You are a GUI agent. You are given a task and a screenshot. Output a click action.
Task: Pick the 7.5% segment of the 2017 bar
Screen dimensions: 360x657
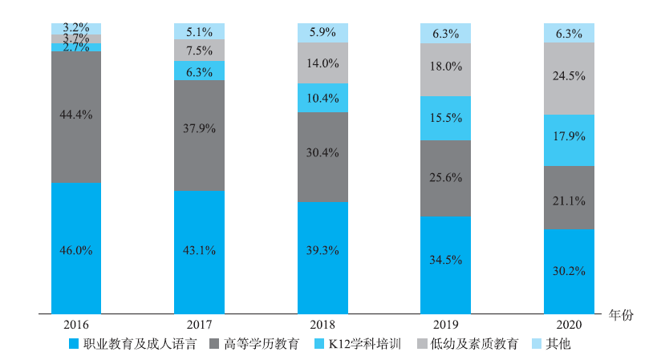click(x=199, y=50)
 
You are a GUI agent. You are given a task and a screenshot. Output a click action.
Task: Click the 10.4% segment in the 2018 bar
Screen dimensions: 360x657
click(x=322, y=97)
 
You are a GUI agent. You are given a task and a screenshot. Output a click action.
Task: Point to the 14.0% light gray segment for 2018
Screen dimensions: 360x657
click(x=322, y=63)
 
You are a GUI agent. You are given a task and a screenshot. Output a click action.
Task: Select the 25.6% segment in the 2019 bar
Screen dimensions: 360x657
click(x=445, y=178)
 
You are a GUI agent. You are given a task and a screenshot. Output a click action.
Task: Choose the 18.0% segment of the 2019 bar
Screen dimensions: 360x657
click(x=445, y=69)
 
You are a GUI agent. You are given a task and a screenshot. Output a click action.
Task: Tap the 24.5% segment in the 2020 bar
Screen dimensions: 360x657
click(x=569, y=78)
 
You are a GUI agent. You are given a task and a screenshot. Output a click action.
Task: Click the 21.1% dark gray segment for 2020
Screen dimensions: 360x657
click(x=569, y=197)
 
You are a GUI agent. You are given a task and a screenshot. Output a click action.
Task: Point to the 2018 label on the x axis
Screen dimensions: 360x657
click(x=322, y=326)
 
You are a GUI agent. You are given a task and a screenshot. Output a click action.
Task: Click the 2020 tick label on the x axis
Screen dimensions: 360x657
click(x=569, y=326)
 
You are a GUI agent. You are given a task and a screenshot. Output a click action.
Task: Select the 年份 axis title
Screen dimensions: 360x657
click(x=621, y=314)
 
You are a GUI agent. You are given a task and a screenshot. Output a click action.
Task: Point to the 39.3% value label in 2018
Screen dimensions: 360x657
click(x=322, y=250)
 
